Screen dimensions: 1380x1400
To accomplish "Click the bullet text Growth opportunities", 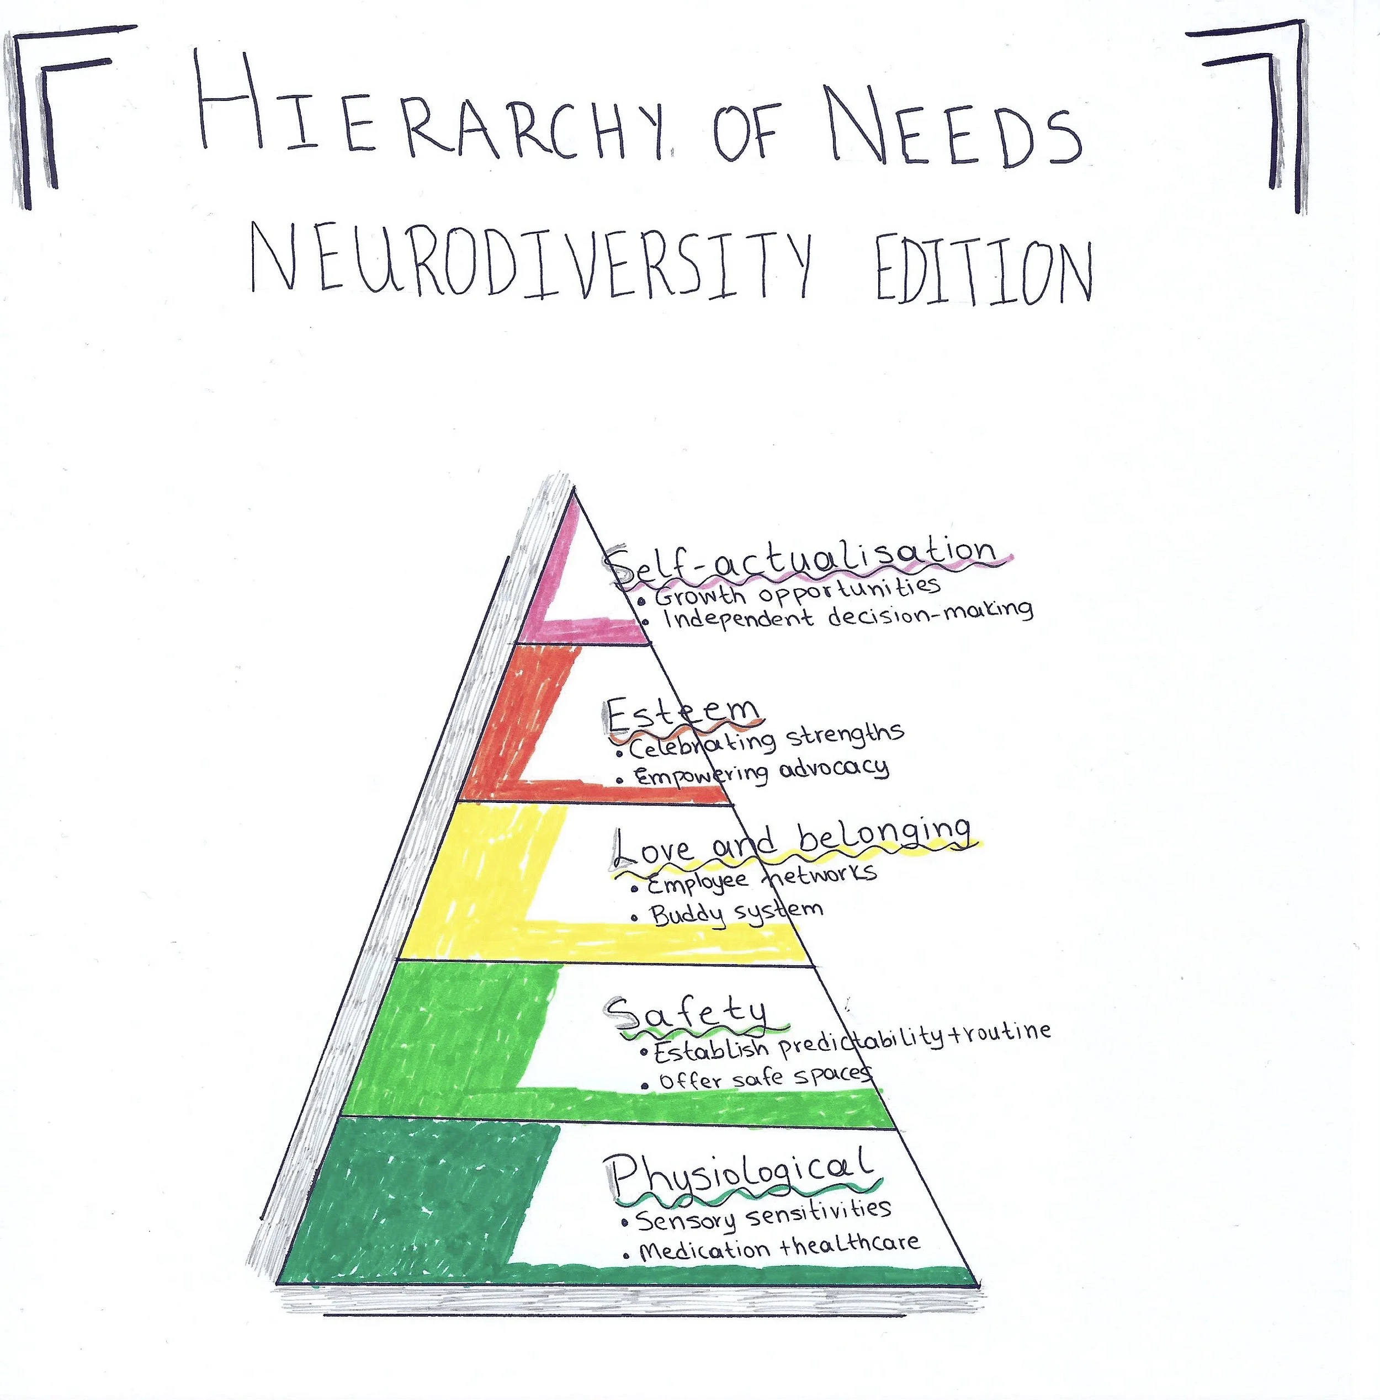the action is click(797, 592).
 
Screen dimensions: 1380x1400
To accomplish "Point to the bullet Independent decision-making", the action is click(848, 615).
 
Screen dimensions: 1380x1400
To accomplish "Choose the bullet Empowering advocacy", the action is click(761, 772).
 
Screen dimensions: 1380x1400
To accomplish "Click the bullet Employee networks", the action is click(761, 879).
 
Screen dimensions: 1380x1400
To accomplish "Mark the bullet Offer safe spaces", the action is click(765, 1078).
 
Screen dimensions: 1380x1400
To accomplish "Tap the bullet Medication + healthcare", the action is click(779, 1248).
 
